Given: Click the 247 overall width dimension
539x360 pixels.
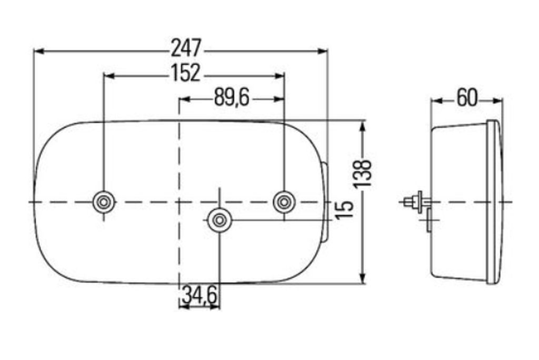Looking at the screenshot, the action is click(x=186, y=48).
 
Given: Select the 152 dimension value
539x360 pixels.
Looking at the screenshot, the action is click(x=186, y=73).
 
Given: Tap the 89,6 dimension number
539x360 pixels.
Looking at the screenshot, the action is click(x=232, y=98).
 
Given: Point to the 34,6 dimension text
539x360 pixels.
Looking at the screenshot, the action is click(x=199, y=295).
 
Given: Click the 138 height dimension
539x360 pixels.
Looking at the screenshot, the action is click(x=363, y=173).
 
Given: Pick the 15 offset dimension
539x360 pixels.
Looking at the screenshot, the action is click(x=344, y=210).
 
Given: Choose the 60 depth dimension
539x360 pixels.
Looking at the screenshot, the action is click(x=467, y=98).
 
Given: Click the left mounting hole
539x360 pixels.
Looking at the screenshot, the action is click(x=104, y=202).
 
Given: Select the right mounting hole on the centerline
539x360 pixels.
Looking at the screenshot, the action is click(x=284, y=202).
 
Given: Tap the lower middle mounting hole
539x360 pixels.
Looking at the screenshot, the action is click(x=219, y=219).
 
